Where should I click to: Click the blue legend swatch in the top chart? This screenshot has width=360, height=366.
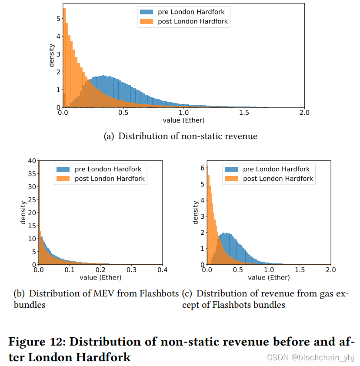click(x=146, y=12)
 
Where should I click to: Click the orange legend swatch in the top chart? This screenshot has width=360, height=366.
click(x=146, y=21)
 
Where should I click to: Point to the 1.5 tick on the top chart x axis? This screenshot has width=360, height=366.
click(x=244, y=113)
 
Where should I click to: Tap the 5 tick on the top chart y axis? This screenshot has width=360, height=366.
click(x=58, y=19)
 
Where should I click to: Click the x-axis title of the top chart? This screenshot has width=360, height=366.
click(x=183, y=120)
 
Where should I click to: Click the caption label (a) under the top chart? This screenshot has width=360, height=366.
click(x=109, y=136)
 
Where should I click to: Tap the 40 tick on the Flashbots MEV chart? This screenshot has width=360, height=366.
click(x=31, y=161)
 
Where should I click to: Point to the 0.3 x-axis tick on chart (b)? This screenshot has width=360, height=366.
click(x=131, y=270)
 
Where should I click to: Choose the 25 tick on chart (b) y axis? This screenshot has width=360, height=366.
click(x=31, y=200)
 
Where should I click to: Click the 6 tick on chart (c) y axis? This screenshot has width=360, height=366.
click(x=202, y=167)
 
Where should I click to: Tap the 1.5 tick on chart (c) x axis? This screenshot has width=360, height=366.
click(x=300, y=270)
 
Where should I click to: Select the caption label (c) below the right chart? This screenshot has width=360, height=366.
click(x=188, y=294)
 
